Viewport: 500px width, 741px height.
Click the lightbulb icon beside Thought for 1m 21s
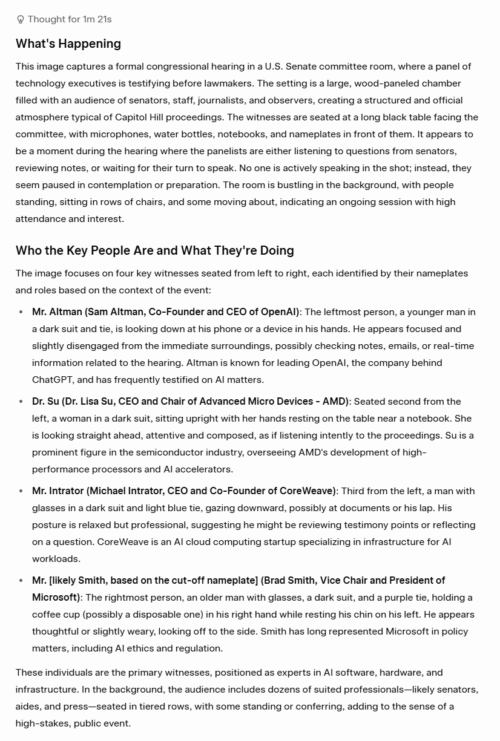click(x=21, y=19)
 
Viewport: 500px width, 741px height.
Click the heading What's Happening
click(x=68, y=44)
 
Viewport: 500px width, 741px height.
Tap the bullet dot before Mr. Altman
click(x=21, y=312)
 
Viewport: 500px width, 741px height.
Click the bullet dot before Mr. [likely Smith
click(x=21, y=581)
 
